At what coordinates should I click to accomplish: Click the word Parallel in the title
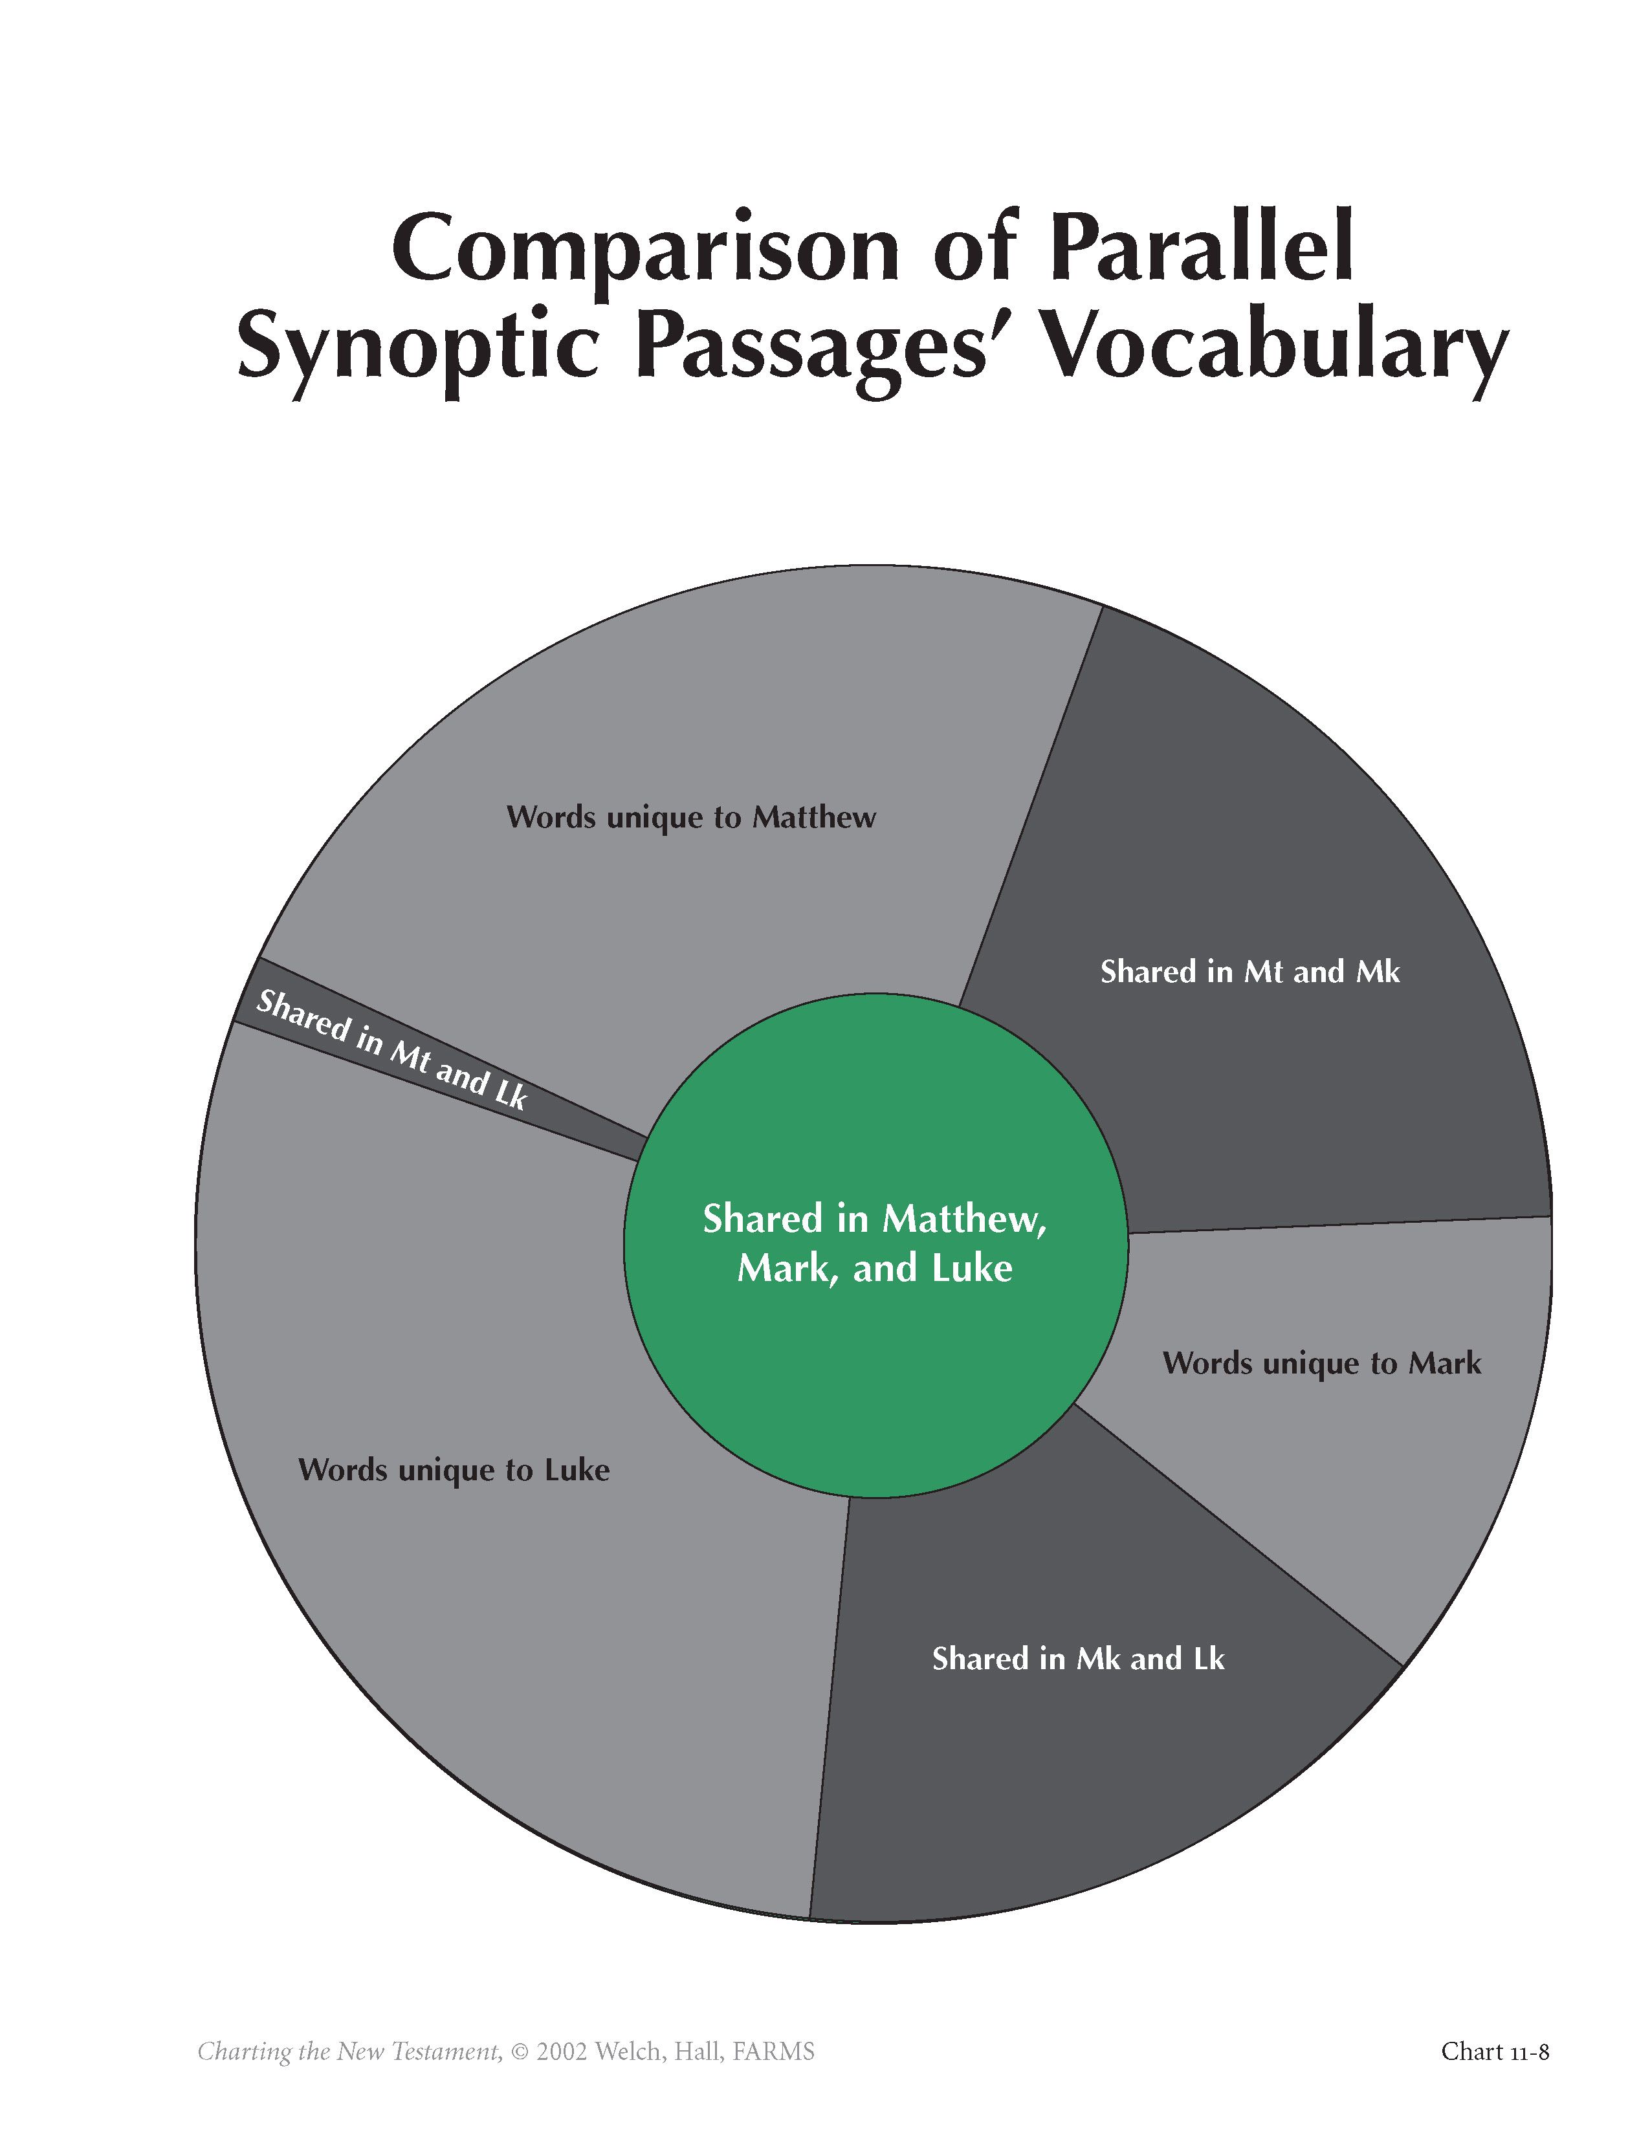click(x=1204, y=248)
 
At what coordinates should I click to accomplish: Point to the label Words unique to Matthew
click(x=691, y=817)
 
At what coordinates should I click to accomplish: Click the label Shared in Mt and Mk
click(x=1249, y=972)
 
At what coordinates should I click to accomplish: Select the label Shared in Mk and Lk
click(x=1077, y=1659)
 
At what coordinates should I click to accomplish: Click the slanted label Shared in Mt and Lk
click(x=391, y=1051)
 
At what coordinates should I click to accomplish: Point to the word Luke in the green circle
click(x=972, y=1269)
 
